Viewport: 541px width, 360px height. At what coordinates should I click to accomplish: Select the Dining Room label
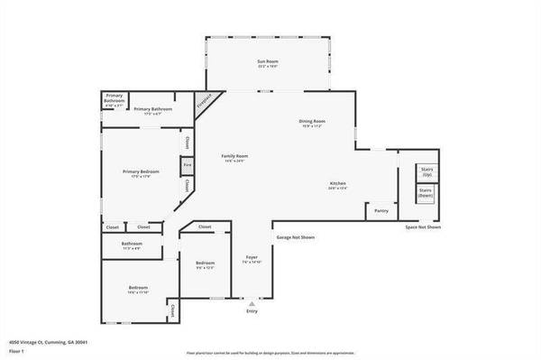pos(312,122)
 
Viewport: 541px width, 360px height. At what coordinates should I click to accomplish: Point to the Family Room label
pos(234,157)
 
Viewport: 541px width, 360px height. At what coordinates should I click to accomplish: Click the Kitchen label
pos(337,185)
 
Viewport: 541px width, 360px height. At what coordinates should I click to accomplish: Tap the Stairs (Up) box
pos(426,171)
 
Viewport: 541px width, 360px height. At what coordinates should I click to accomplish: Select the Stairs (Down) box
pos(426,193)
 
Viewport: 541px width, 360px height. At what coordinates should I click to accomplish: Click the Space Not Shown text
pos(422,227)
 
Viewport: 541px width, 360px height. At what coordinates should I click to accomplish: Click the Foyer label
pos(252,258)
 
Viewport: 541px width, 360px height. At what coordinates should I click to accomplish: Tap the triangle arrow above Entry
pos(252,303)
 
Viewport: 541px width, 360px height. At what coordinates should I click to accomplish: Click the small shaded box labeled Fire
pos(187,165)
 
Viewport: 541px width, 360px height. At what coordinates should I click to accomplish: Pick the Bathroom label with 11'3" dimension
pos(132,245)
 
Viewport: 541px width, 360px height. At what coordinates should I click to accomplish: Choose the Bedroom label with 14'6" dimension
pos(137,289)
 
